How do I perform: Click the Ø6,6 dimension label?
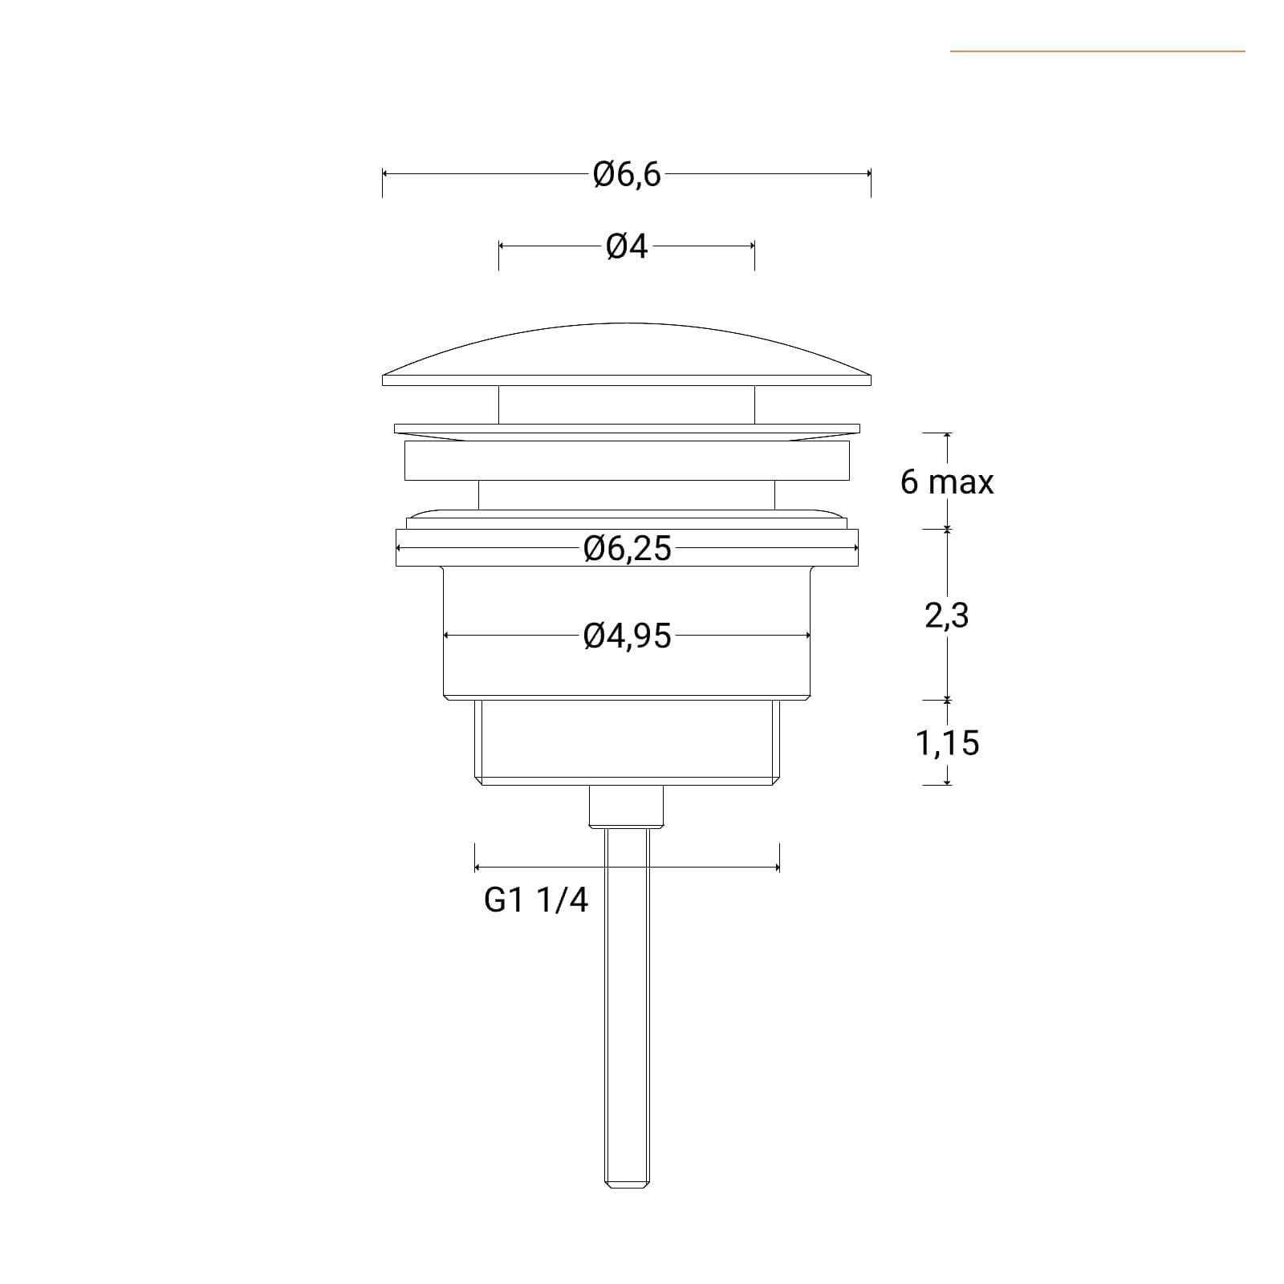pos(627,174)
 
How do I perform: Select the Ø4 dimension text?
pos(627,247)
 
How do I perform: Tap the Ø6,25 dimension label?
pos(627,549)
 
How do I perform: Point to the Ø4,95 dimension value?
pos(627,636)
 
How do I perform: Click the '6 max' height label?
pos(947,481)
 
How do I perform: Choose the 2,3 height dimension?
pos(947,616)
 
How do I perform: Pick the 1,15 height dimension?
pos(947,743)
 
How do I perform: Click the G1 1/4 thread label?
pos(535,900)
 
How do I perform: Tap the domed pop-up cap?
pos(627,354)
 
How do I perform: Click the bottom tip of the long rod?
pos(627,1186)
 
